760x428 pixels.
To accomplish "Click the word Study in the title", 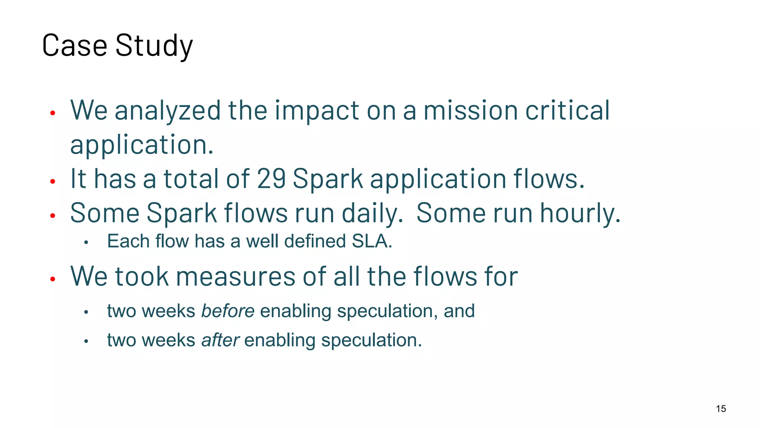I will pos(154,46).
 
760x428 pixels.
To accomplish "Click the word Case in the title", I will pos(75,46).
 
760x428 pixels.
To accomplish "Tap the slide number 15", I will pos(721,409).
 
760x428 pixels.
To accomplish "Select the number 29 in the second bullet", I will pos(271,179).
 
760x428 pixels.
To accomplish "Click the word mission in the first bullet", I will pos(470,110).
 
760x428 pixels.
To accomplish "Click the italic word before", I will pos(227,311).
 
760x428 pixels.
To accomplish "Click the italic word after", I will pos(220,340).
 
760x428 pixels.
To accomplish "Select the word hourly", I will pos(580,213).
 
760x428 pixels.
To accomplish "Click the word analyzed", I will pos(168,110).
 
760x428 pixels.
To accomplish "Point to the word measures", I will pos(235,276).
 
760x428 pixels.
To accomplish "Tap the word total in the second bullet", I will pos(191,179).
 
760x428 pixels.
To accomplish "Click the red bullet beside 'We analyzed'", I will pos(53,113).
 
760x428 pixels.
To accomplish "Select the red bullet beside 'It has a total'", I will pos(53,181).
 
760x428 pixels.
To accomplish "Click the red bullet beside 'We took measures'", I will pos(53,279).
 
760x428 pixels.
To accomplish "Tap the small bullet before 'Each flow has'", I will pos(86,243).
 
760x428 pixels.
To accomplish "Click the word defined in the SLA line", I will pos(315,241).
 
